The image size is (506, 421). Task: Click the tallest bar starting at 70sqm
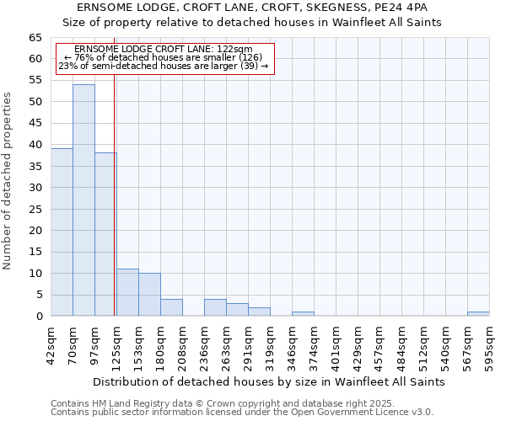click(83, 200)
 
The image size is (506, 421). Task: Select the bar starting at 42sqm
click(62, 232)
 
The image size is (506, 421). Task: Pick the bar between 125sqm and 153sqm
click(127, 292)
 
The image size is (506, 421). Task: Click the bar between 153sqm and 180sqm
click(149, 295)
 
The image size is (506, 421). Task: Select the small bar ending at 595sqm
click(478, 313)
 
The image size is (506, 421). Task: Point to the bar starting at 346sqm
click(303, 313)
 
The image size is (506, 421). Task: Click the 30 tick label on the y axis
click(35, 188)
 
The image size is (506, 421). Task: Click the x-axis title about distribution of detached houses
click(268, 381)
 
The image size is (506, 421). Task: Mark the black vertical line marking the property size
click(114, 194)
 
